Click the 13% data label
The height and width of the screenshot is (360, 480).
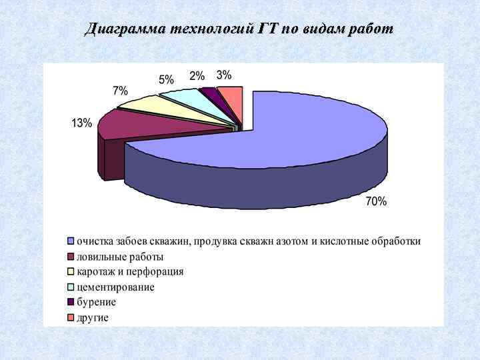tap(82, 123)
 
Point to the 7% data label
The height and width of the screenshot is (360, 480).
tap(121, 91)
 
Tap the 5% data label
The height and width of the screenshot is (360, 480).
tap(166, 79)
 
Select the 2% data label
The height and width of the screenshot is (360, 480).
tap(197, 75)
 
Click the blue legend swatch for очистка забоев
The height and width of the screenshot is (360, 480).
tap(70, 241)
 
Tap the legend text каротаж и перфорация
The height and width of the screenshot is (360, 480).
tap(130, 271)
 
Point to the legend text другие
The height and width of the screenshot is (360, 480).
tap(92, 317)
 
